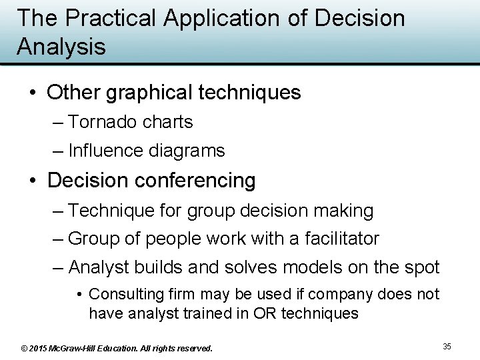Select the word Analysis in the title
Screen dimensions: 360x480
tap(61, 47)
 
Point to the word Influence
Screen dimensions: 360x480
tap(104, 151)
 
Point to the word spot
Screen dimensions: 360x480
tap(420, 268)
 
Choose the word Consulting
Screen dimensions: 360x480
tap(125, 294)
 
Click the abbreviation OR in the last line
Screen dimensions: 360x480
tap(262, 313)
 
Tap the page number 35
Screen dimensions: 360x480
tap(447, 346)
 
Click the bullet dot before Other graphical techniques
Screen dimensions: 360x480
tap(33, 93)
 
